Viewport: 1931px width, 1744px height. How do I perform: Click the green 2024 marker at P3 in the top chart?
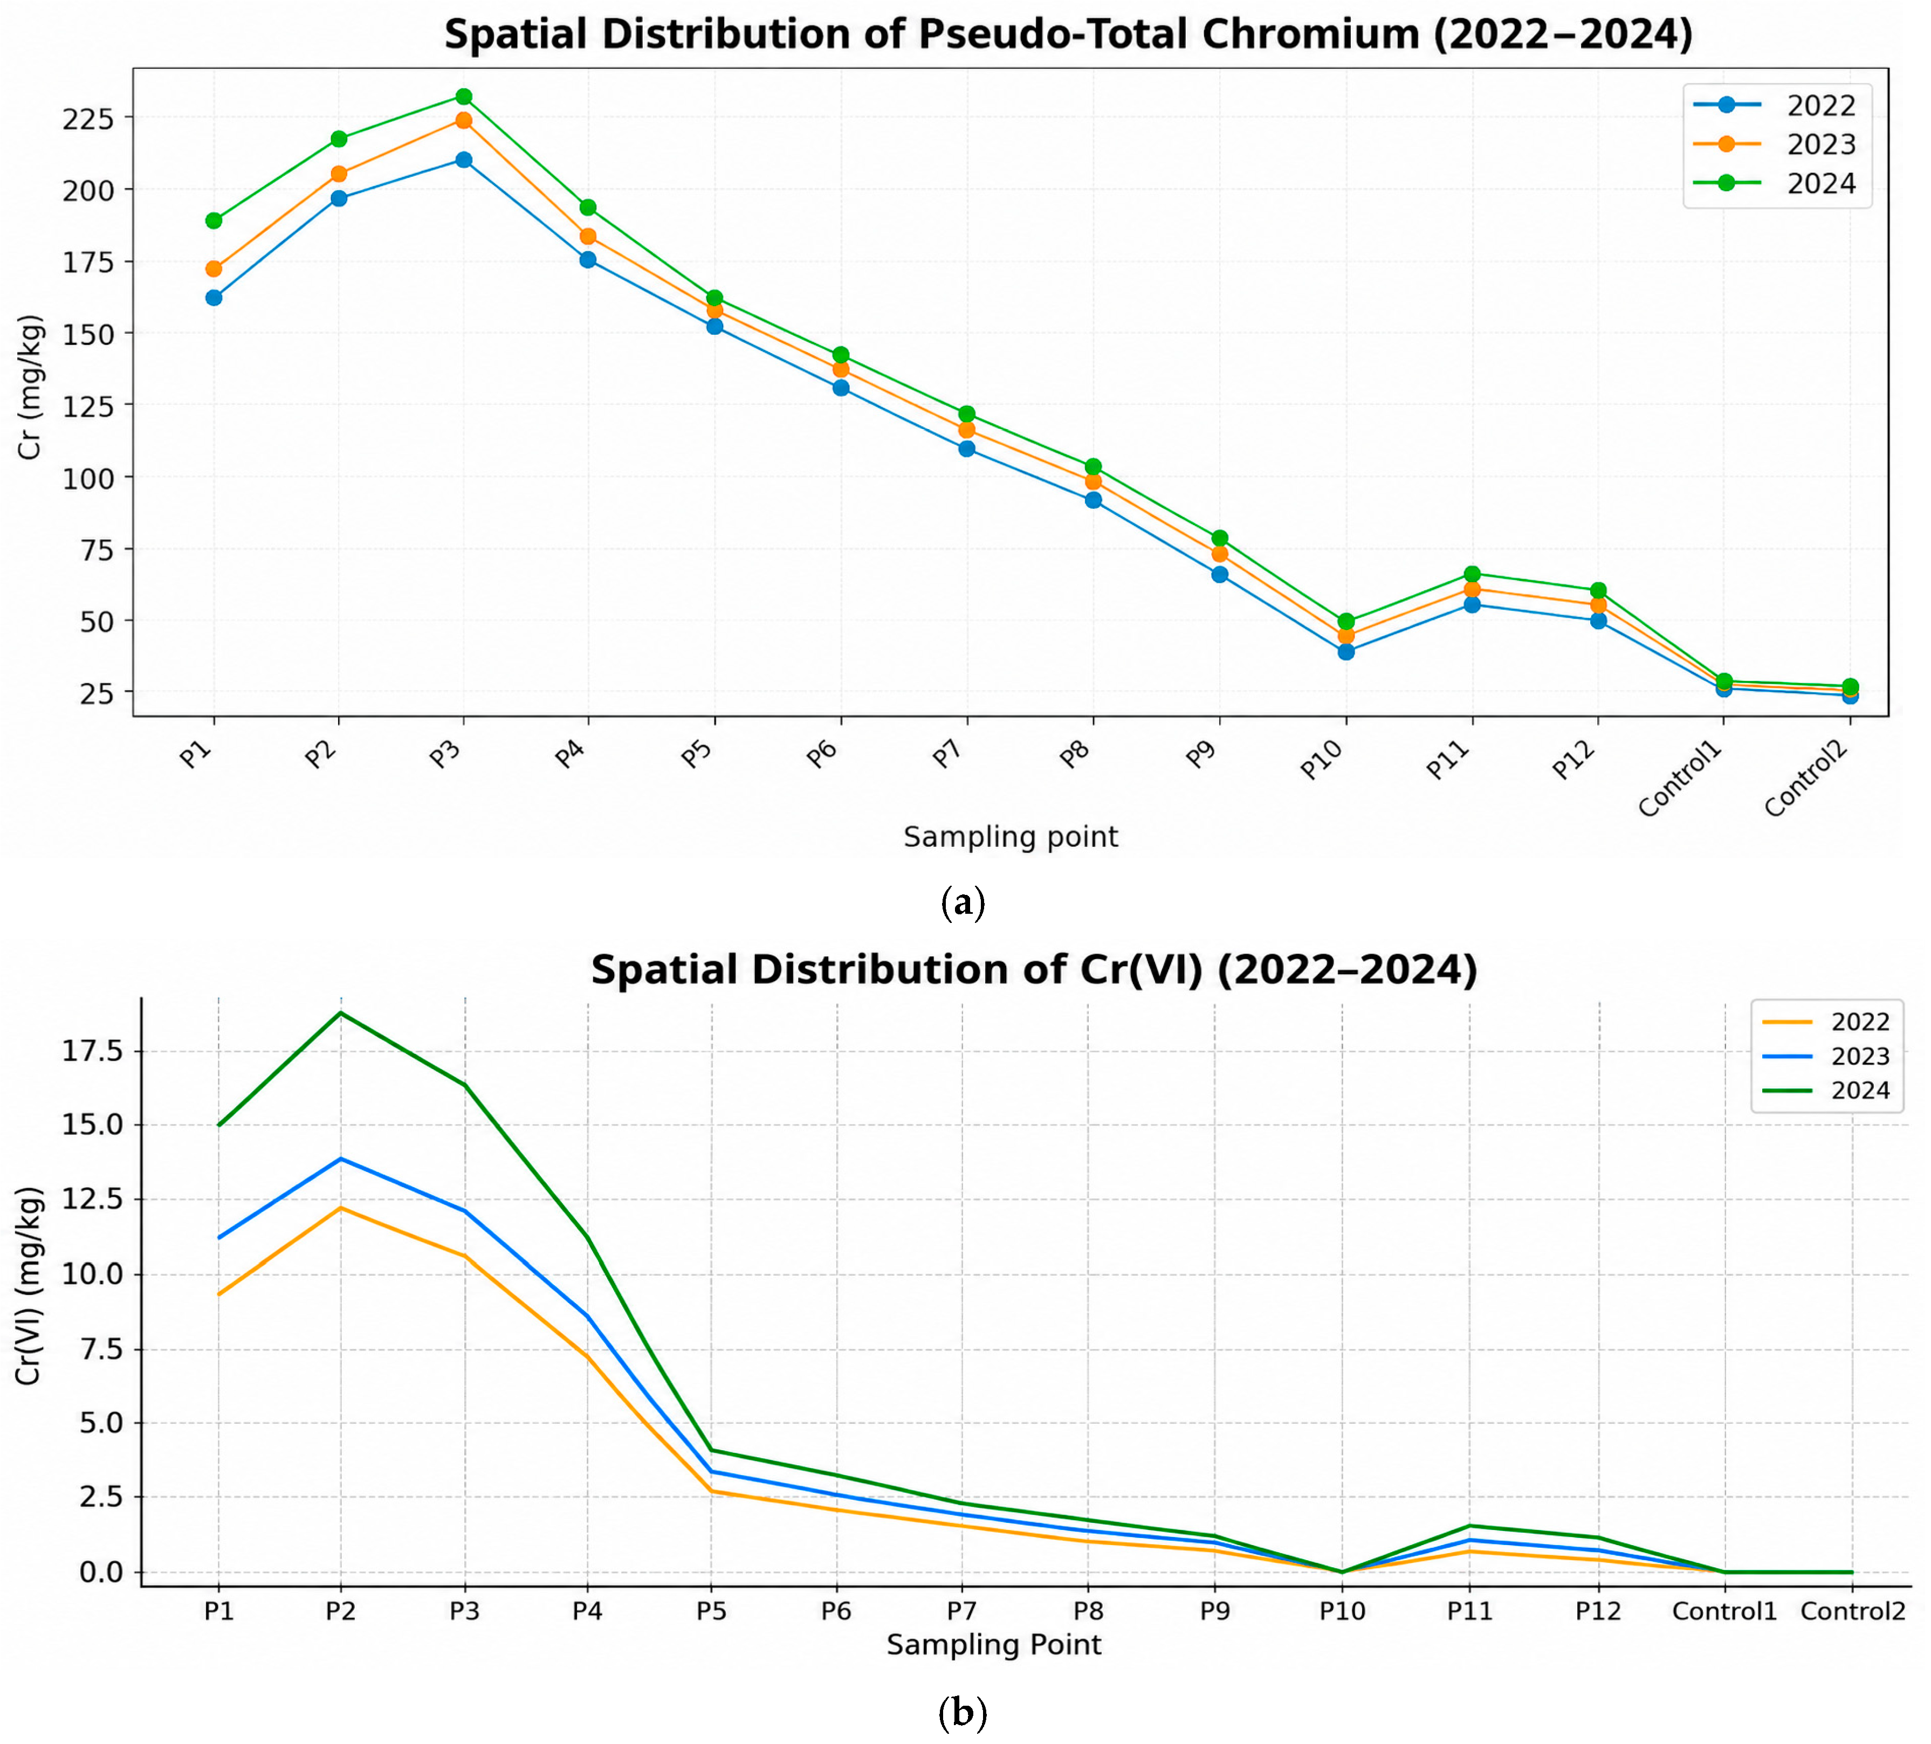coord(464,96)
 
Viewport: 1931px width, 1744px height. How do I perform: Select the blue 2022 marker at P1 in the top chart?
coord(214,298)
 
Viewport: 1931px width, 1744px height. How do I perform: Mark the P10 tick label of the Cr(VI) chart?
coord(1342,1612)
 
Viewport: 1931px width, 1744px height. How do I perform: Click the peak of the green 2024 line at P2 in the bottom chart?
coord(341,1012)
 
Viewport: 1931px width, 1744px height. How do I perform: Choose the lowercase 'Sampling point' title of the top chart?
coord(1011,837)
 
